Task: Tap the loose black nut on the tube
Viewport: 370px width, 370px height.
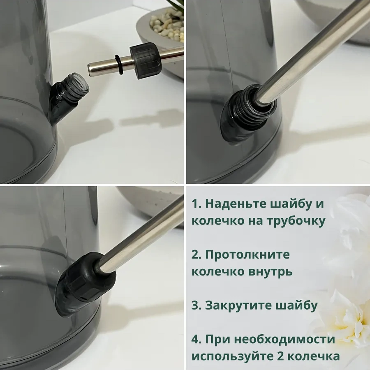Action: [x=145, y=60]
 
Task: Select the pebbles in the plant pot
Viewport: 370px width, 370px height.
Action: [x=168, y=26]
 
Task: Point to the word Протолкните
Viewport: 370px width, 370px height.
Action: [x=247, y=254]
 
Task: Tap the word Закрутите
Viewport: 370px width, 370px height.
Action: [x=237, y=305]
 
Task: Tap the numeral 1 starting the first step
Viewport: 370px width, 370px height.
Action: [x=195, y=204]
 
